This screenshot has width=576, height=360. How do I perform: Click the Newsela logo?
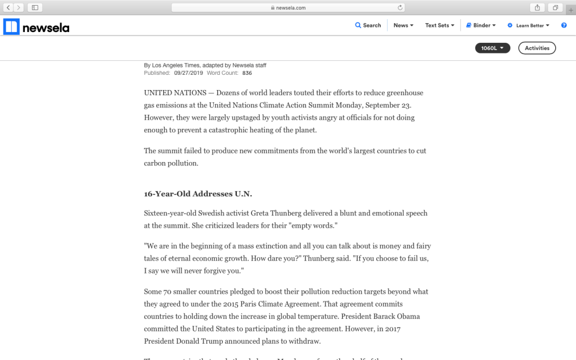tap(37, 26)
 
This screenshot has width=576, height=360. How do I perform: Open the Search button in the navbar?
tap(368, 25)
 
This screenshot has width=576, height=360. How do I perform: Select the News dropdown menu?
tap(403, 25)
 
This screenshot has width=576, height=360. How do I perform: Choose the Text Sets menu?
tap(439, 25)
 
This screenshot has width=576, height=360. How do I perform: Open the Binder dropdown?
tap(481, 25)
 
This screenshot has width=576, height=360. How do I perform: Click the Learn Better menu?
tap(529, 25)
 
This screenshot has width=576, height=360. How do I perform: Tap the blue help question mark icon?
tap(564, 25)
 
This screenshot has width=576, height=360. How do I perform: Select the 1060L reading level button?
tap(492, 48)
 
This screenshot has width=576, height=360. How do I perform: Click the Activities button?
tap(537, 48)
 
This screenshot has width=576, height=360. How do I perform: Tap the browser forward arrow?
tap(19, 7)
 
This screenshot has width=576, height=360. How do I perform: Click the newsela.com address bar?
tap(287, 7)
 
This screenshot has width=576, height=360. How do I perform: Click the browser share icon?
tap(537, 7)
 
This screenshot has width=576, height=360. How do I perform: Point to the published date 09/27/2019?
tap(188, 73)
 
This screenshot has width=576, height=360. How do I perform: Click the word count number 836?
tap(247, 73)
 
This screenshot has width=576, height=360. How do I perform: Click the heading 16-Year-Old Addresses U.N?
tap(198, 194)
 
